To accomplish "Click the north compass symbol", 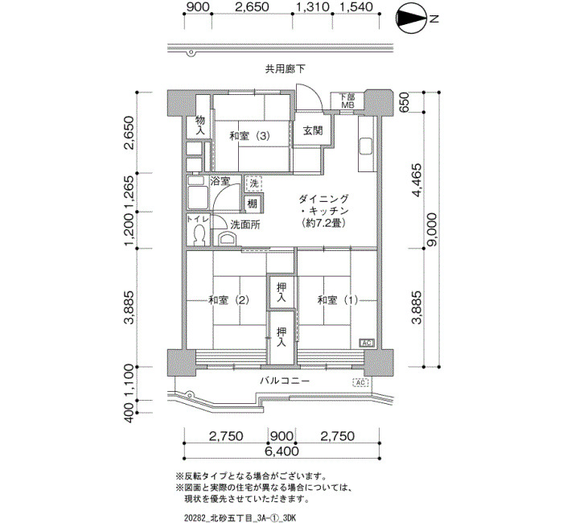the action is pos(412,19).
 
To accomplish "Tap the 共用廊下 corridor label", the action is pos(285,69).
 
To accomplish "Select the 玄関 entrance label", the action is pos(313,130).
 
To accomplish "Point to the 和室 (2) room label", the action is pos(229,300).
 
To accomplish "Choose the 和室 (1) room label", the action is pos(338,300).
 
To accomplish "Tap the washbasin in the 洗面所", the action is pos(228,238).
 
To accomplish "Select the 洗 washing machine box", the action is pos(254,184).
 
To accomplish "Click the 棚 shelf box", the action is pos(253,204).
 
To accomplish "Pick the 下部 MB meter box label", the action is pos(347,101).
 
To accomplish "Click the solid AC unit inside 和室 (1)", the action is pos(367,343).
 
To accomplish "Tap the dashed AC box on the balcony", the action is pos(361,382).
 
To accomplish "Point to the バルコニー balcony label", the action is pos(285,381).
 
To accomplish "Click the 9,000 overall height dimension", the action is pos(432,229).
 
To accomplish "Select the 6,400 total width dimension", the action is pos(281,451).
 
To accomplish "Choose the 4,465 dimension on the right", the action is pos(417,180).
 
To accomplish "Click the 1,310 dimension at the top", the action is pos(312,6).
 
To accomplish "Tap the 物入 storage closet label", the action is pos(200,125).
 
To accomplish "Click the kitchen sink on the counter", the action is pos(367,146).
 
